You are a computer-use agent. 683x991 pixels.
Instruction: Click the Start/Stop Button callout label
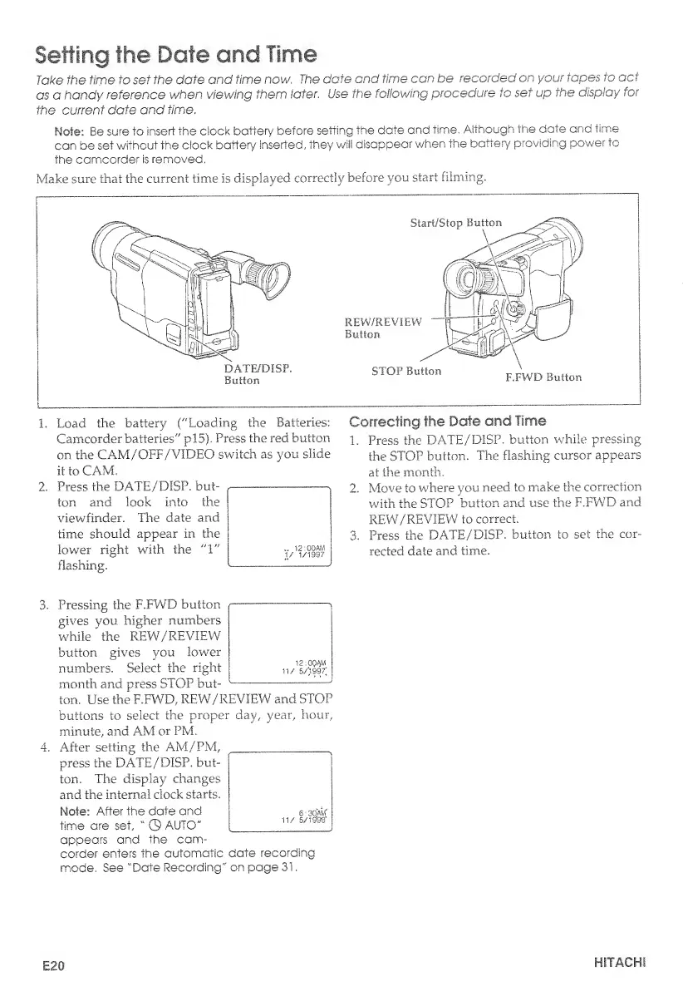[457, 223]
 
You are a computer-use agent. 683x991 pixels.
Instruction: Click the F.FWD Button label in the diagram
[543, 376]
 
